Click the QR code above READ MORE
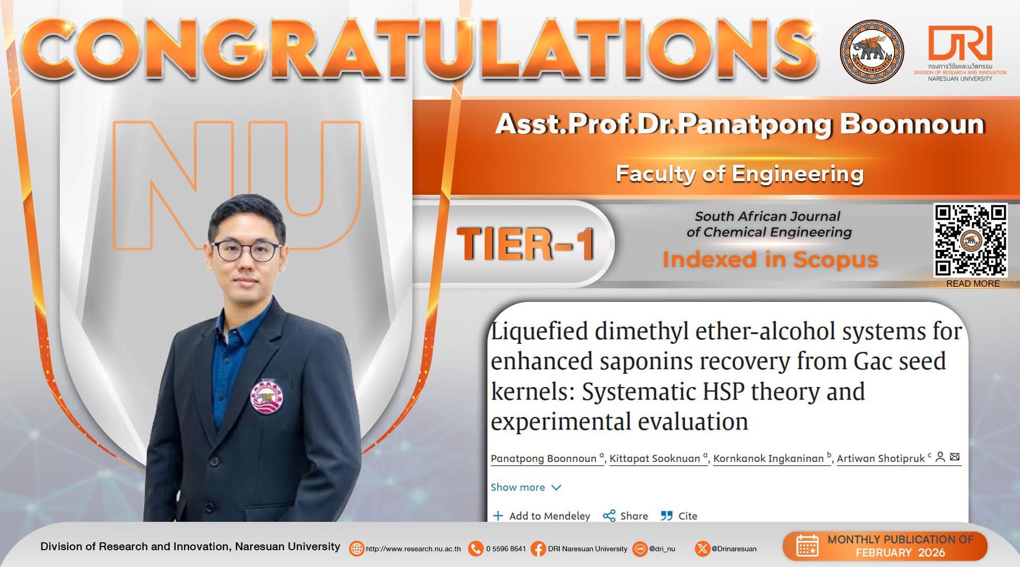click(x=970, y=240)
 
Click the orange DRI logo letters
click(x=960, y=43)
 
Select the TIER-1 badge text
click(x=526, y=245)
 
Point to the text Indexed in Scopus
click(x=770, y=259)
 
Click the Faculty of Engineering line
click(x=740, y=173)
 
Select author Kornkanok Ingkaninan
click(x=769, y=458)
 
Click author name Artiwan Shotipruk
click(x=881, y=458)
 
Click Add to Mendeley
click(x=542, y=516)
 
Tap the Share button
click(x=625, y=516)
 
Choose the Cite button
click(x=679, y=516)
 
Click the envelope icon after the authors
click(x=955, y=457)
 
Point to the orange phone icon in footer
click(x=475, y=549)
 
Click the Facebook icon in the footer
click(x=538, y=549)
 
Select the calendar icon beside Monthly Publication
click(x=807, y=546)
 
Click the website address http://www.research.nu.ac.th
click(x=413, y=549)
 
